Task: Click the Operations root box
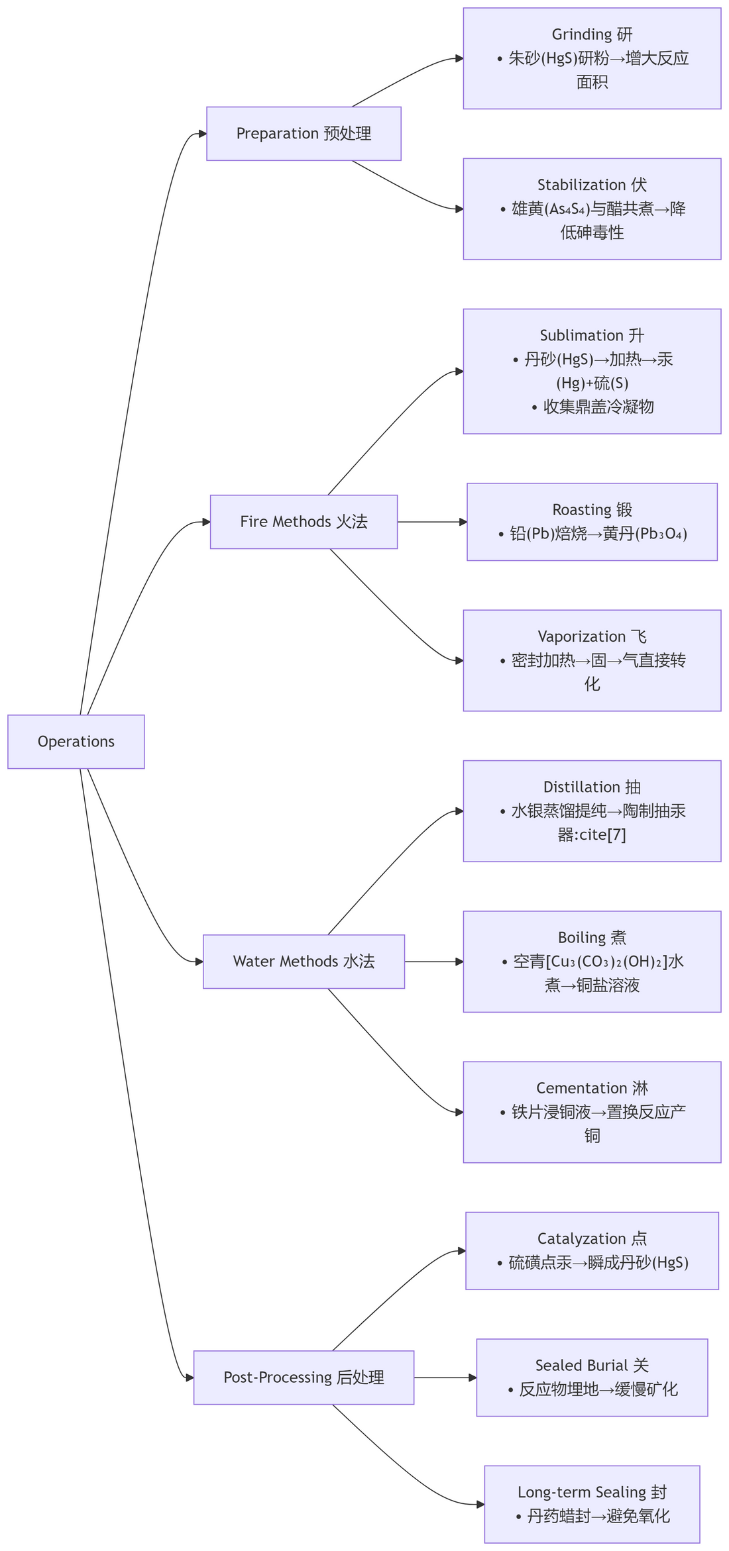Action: pyautogui.click(x=76, y=742)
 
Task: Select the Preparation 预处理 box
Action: pyautogui.click(x=304, y=134)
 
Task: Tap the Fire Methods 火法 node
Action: pyautogui.click(x=304, y=522)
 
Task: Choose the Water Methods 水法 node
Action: pyautogui.click(x=304, y=962)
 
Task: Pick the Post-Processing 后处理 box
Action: pyautogui.click(x=304, y=1377)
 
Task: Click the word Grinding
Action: pyautogui.click(x=582, y=34)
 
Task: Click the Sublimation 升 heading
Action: pyautogui.click(x=592, y=335)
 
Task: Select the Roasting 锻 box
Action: pyautogui.click(x=592, y=522)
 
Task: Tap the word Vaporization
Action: pyautogui.click(x=581, y=636)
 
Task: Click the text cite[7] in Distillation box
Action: pyautogui.click(x=602, y=834)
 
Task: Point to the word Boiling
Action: pyautogui.click(x=582, y=938)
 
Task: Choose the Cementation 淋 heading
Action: pyautogui.click(x=592, y=1088)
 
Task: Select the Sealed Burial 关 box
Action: pyautogui.click(x=592, y=1377)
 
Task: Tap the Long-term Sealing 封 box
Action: pyautogui.click(x=592, y=1504)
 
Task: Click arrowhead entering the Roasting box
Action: pyautogui.click(x=463, y=522)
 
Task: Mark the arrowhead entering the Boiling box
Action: pyautogui.click(x=459, y=962)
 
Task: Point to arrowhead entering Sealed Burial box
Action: pyautogui.click(x=473, y=1377)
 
